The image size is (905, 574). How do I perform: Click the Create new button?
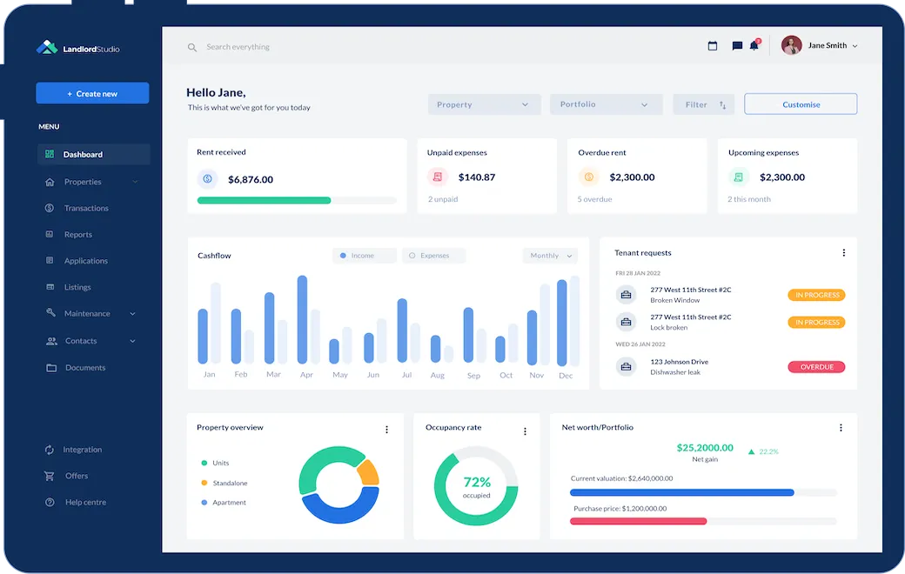point(92,94)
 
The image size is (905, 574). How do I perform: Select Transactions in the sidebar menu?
point(85,209)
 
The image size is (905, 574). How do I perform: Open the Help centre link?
point(84,503)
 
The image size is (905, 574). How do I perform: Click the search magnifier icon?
point(192,48)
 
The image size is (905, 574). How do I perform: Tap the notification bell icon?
point(754,46)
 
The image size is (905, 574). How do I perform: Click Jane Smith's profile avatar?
point(791,46)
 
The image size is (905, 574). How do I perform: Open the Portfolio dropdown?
point(606,104)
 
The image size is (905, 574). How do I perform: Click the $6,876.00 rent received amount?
point(250,180)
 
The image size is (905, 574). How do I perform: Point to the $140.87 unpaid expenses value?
point(476,177)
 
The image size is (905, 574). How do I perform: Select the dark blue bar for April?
point(303,319)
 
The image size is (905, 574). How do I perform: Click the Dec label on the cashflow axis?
point(566,376)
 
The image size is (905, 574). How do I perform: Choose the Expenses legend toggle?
point(433,256)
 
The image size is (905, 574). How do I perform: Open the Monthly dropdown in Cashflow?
point(550,256)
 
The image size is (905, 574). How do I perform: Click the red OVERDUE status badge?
point(815,367)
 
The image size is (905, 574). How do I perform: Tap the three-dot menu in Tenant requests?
point(843,253)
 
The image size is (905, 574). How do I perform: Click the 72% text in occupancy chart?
point(476,482)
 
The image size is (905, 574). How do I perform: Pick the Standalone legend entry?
point(229,483)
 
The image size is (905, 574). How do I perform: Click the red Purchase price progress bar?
point(638,521)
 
